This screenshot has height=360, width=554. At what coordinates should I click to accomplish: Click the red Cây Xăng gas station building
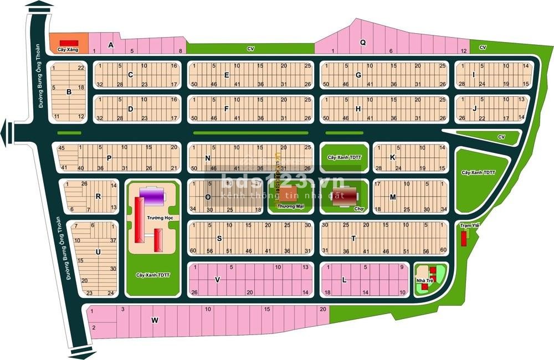[69, 43]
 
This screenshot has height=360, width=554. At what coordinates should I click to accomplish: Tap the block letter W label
[155, 320]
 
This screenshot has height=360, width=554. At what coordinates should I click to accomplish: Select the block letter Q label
[363, 42]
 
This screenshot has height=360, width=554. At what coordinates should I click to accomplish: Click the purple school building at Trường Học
[152, 196]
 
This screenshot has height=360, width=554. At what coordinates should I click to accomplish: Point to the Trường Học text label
[157, 218]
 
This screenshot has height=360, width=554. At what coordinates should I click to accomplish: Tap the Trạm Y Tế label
[469, 225]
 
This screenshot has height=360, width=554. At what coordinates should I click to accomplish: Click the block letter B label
[69, 92]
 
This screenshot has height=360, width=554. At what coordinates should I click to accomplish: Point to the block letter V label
[217, 280]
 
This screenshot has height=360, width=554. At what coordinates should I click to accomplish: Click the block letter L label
[344, 280]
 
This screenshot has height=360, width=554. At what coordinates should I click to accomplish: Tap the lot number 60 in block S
[192, 250]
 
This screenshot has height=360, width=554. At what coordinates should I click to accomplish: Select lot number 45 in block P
[61, 148]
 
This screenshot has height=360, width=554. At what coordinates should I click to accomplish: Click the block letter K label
[392, 157]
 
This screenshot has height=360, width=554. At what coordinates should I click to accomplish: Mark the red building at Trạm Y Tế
[463, 239]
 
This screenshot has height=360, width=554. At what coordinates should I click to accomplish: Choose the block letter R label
[98, 196]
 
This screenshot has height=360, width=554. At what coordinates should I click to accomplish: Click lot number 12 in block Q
[463, 51]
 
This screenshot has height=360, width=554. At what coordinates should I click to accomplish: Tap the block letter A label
[111, 45]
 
